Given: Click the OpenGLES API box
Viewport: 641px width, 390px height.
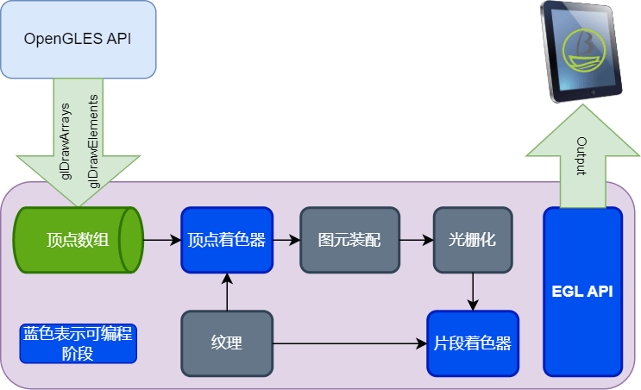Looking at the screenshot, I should pyautogui.click(x=78, y=40).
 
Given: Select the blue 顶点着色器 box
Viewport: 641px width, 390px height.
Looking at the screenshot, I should pyautogui.click(x=227, y=239).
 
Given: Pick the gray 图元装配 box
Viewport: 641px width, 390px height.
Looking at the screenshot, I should pyautogui.click(x=349, y=239).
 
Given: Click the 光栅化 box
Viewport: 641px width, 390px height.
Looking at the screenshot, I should pyautogui.click(x=473, y=239).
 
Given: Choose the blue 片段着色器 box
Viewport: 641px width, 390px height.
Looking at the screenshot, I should pyautogui.click(x=473, y=343).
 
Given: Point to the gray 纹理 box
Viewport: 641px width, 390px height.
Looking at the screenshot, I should pyautogui.click(x=227, y=343).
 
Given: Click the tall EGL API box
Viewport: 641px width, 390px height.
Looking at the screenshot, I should pyautogui.click(x=582, y=292).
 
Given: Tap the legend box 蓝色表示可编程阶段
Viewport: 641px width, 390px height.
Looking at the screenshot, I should pyautogui.click(x=79, y=343).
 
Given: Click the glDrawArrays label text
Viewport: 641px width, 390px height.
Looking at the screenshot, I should pyautogui.click(x=66, y=142).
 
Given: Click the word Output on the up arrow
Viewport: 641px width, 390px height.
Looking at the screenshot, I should pyautogui.click(x=581, y=156).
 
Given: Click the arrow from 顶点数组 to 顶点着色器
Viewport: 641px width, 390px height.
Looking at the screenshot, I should pyautogui.click(x=161, y=239).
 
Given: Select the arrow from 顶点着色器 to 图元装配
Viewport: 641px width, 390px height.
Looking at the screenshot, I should pyautogui.click(x=286, y=239).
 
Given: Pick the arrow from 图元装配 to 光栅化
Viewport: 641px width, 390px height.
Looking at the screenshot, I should pyautogui.click(x=417, y=239).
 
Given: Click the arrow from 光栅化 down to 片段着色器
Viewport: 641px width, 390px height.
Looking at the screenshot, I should pyautogui.click(x=473, y=291).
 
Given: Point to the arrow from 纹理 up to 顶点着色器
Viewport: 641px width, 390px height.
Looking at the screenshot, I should pyautogui.click(x=227, y=292).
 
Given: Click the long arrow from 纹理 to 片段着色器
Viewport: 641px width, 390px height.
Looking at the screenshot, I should pyautogui.click(x=349, y=343).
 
